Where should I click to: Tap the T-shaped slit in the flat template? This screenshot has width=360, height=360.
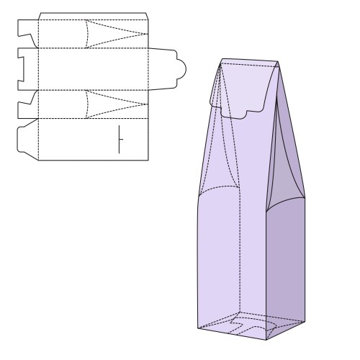[120, 138]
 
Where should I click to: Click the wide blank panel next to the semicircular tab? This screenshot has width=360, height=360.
[94, 68]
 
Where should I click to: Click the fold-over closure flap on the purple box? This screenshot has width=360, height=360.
[245, 86]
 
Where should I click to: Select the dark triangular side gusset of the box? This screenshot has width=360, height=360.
[292, 180]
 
